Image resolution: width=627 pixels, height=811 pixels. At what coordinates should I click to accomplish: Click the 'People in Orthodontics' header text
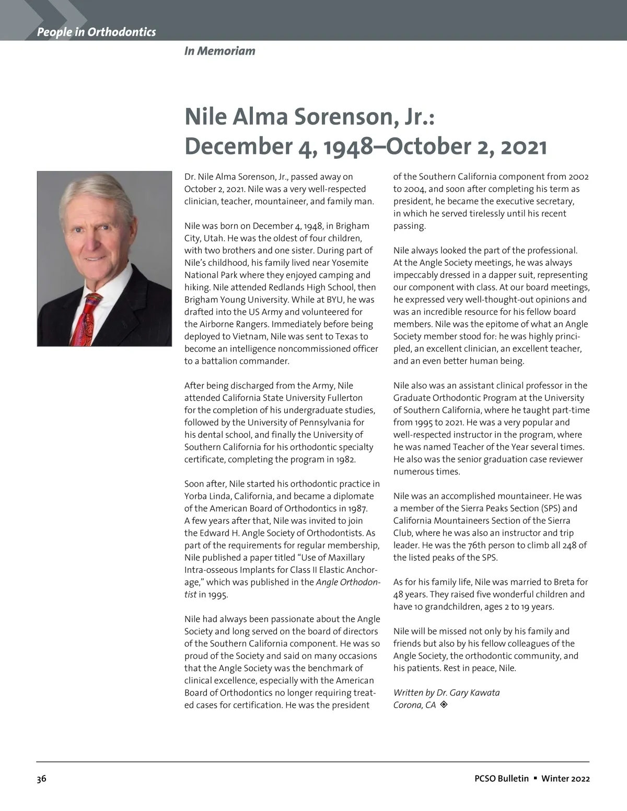tap(96, 32)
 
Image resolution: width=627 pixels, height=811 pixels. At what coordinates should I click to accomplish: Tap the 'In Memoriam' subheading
tap(219, 51)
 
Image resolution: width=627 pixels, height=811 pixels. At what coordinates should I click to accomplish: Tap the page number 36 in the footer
tap(41, 779)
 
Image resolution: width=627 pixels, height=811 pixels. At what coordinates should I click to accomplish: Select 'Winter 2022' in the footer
tap(565, 779)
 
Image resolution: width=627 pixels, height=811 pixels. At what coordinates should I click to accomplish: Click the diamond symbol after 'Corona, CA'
tap(444, 705)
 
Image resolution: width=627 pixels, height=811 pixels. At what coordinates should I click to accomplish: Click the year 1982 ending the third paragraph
tap(346, 460)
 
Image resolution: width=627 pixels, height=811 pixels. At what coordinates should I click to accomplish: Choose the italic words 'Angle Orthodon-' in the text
tap(348, 582)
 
